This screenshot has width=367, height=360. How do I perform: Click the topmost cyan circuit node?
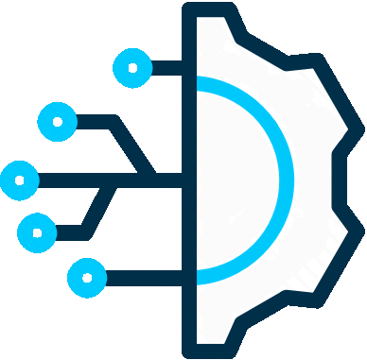pyautogui.click(x=131, y=68)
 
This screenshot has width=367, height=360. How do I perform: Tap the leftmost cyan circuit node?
pyautogui.click(x=18, y=180)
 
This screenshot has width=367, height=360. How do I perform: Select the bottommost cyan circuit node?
pyautogui.click(x=88, y=278)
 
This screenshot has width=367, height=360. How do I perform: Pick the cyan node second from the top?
pyautogui.click(x=57, y=122)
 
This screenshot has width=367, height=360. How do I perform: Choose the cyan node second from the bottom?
pyautogui.click(x=37, y=230)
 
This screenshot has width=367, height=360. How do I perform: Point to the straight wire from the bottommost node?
pyautogui.click(x=142, y=278)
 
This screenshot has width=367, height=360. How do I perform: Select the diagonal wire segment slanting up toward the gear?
pyautogui.click(x=100, y=209)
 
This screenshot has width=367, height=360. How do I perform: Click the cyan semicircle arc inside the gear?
pyautogui.click(x=285, y=180)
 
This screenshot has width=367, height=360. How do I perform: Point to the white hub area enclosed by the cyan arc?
pyautogui.click(x=236, y=180)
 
